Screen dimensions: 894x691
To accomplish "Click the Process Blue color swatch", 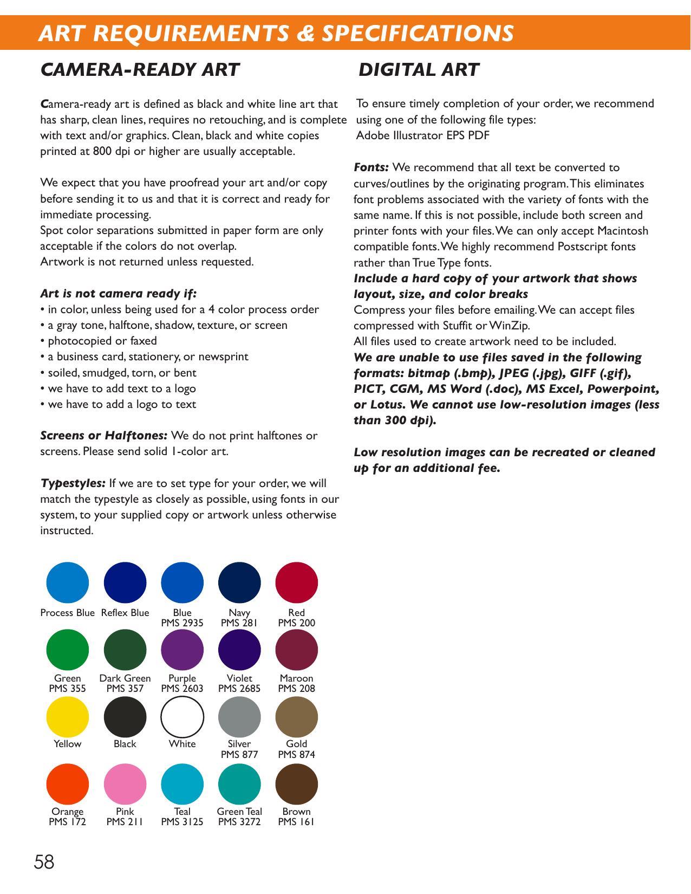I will click(x=68, y=582).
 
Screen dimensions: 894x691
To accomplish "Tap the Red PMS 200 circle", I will click(x=296, y=582).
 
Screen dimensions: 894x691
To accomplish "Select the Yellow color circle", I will click(x=68, y=717).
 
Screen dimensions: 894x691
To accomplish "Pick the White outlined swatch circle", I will click(x=182, y=717).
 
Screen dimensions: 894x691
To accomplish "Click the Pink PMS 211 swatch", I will click(x=125, y=784).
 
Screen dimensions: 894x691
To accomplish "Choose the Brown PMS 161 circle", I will click(x=296, y=784).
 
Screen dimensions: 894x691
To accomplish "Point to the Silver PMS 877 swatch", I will click(x=239, y=717).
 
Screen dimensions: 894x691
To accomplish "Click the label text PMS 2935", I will click(x=182, y=623).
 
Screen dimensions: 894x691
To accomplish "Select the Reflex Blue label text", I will click(x=125, y=613).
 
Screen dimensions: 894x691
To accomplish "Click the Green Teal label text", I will click(x=239, y=812).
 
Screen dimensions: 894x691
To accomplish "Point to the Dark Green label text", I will click(x=125, y=678).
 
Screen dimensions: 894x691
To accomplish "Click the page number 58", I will click(x=44, y=862).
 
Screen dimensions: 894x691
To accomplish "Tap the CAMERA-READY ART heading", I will click(x=140, y=70).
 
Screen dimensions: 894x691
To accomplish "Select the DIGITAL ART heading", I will click(x=419, y=70).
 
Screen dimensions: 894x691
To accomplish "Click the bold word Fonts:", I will click(x=371, y=167).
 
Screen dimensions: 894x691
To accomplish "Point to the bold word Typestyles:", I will click(x=73, y=483).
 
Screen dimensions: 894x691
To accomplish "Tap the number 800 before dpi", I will click(x=102, y=151).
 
